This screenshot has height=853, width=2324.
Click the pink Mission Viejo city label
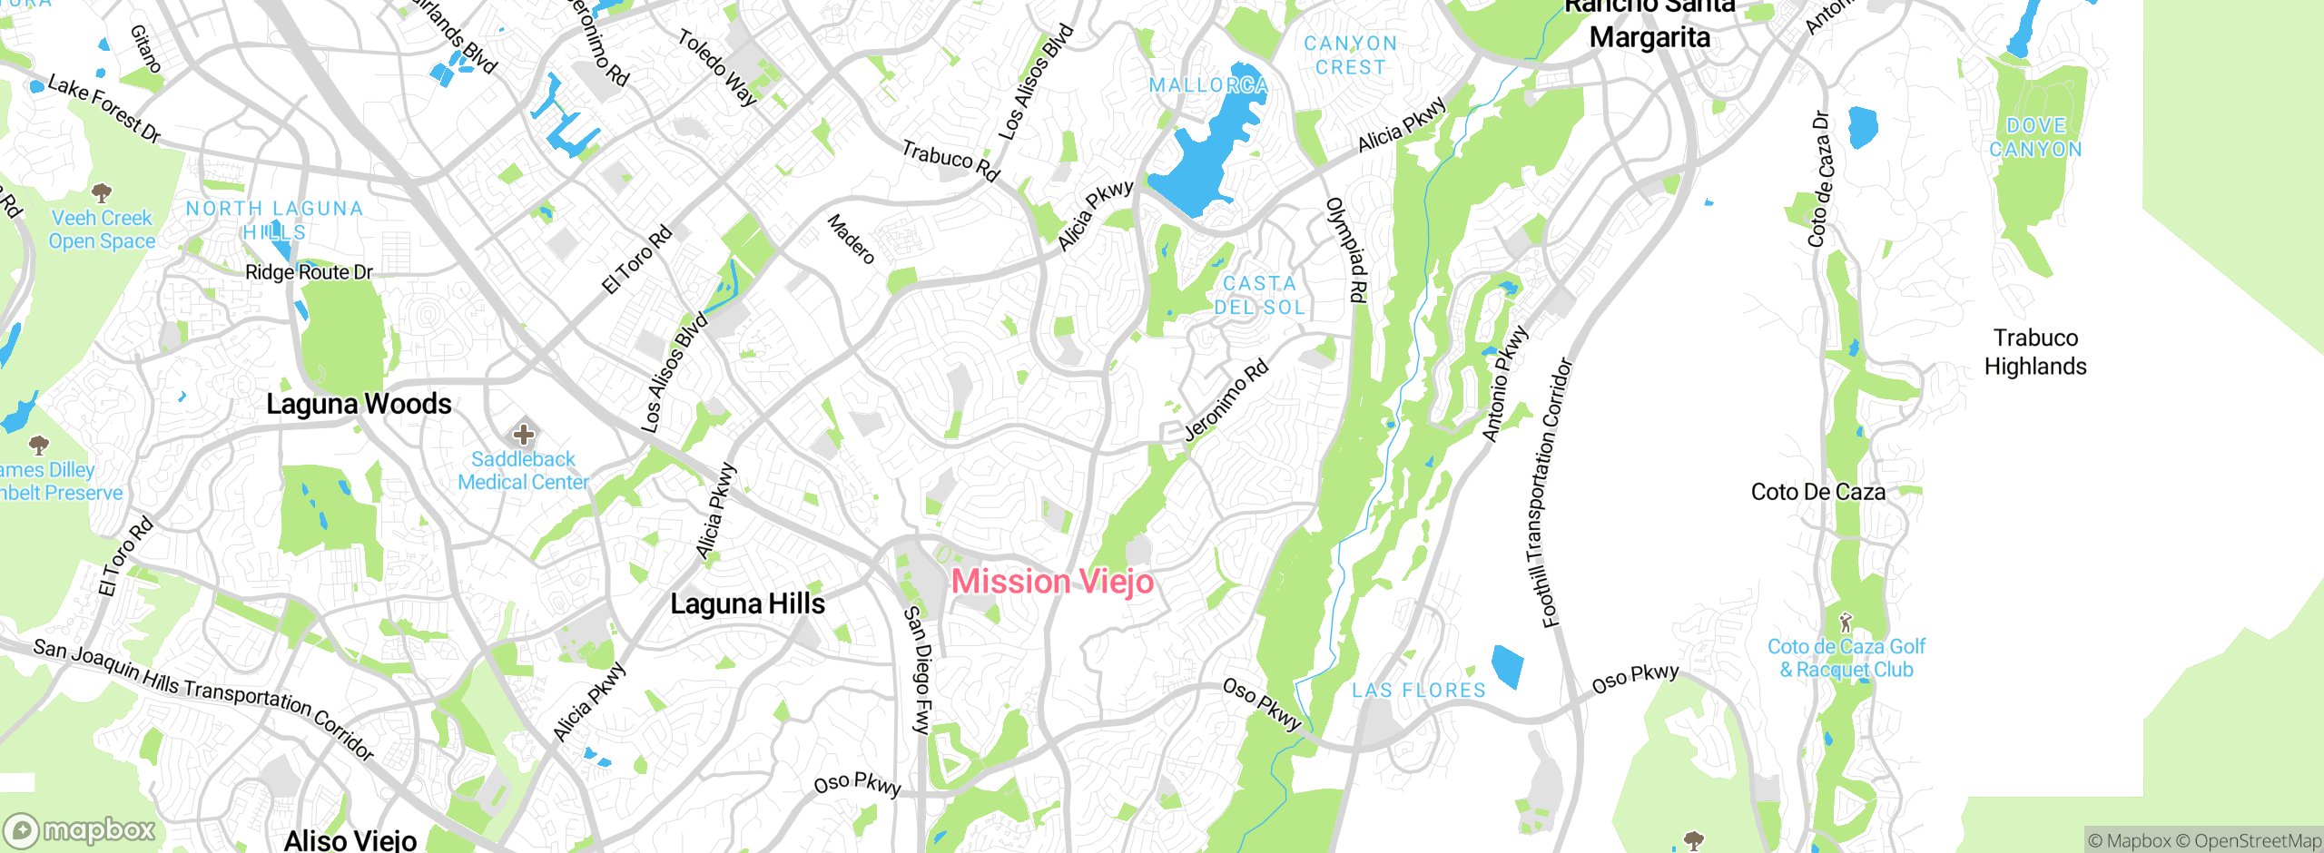click(1052, 582)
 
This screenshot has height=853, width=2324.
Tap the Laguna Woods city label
click(359, 404)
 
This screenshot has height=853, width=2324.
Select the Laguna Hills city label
click(747, 604)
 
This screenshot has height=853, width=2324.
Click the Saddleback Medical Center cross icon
click(524, 434)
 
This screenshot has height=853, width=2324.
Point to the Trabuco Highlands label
click(2035, 352)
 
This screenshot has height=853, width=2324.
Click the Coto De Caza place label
click(1817, 492)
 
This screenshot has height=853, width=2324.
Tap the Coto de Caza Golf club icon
click(1845, 623)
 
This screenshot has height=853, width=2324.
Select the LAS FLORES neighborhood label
click(1419, 691)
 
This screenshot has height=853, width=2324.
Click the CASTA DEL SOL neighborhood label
click(1260, 296)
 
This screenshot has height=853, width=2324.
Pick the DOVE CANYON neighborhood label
click(2035, 138)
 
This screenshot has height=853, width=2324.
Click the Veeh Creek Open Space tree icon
click(102, 192)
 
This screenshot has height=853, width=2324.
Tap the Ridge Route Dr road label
click(309, 272)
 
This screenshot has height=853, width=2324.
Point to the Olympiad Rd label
click(1346, 250)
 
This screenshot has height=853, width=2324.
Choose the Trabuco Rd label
click(950, 160)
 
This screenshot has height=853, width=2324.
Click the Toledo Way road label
click(717, 67)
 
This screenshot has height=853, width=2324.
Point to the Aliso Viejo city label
click(350, 840)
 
